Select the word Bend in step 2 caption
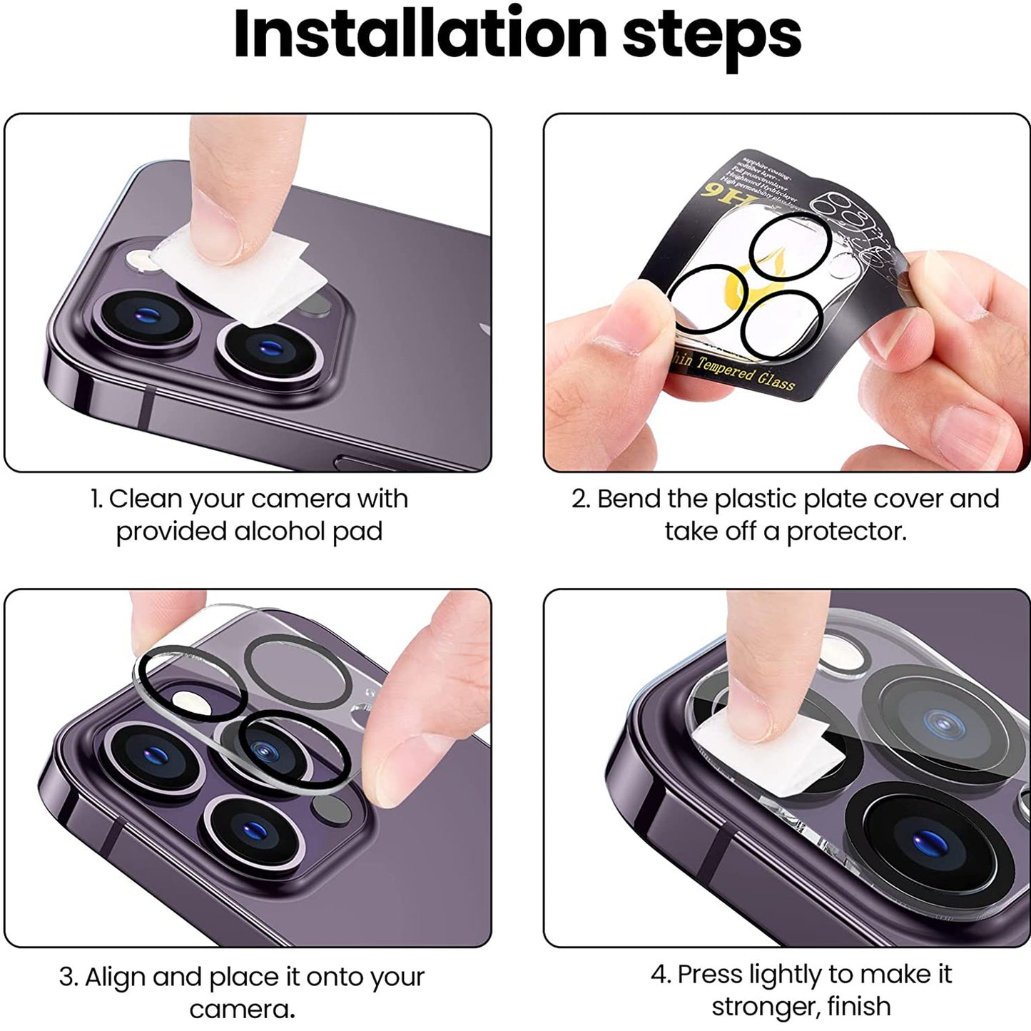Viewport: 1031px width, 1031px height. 626,499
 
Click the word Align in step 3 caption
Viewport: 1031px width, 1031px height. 116,977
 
